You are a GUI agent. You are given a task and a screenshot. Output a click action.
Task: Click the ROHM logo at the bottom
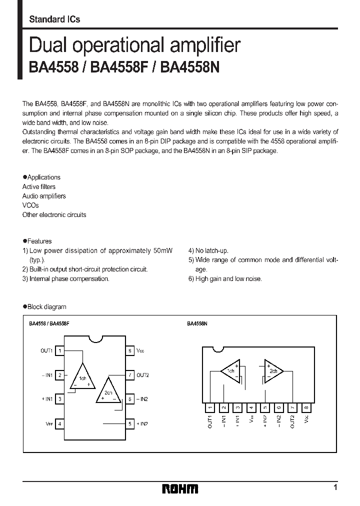[x=179, y=488]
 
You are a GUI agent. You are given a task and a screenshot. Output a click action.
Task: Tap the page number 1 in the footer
[x=335, y=487]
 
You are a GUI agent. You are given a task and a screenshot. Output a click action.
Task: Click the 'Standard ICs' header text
[x=54, y=19]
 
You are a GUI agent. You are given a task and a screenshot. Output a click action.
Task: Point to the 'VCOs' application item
[x=30, y=205]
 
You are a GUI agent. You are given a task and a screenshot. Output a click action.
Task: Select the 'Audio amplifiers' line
[x=44, y=196]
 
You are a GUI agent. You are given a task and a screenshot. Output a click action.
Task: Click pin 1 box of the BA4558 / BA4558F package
[x=60, y=351]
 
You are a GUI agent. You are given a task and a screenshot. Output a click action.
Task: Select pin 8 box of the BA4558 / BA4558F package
[x=129, y=351]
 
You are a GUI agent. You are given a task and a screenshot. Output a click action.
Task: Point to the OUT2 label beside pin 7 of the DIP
[x=143, y=375]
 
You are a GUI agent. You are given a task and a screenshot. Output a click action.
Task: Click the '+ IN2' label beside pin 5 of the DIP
[x=142, y=423]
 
